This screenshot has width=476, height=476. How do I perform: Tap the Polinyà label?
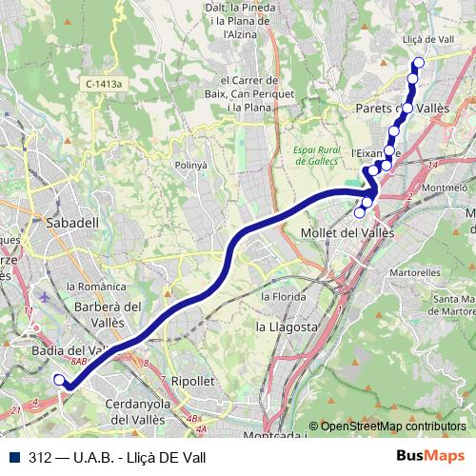click(x=190, y=165)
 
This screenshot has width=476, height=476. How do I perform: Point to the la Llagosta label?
click(x=287, y=327)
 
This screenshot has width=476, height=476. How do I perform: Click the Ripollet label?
click(x=194, y=380)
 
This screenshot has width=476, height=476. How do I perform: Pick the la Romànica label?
click(x=96, y=286)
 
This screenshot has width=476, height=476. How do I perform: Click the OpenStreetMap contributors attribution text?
click(x=392, y=426)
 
